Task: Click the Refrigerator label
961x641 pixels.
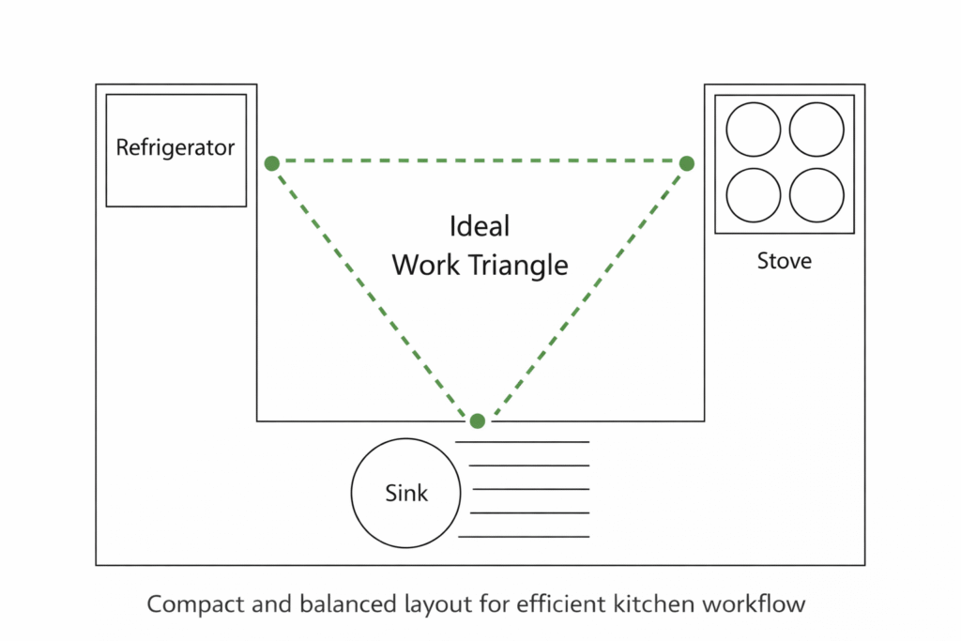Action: tap(175, 148)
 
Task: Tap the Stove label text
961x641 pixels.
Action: tap(785, 261)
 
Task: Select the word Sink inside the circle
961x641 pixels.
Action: tap(406, 493)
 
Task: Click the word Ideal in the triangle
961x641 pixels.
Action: tap(480, 226)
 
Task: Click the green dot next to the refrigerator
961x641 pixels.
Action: tap(272, 163)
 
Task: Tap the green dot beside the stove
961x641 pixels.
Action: tap(687, 163)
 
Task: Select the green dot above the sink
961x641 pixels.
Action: tap(478, 420)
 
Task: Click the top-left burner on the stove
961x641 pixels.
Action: tap(753, 130)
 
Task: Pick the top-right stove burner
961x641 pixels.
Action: tap(816, 130)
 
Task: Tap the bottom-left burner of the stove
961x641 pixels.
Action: tap(753, 195)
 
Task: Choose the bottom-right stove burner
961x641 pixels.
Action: tap(816, 195)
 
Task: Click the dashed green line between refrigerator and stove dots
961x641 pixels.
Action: tap(479, 161)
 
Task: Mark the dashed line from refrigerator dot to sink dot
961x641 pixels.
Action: tap(374, 292)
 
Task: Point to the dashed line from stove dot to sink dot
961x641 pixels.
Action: tap(583, 292)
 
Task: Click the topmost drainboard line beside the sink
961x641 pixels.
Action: tap(522, 441)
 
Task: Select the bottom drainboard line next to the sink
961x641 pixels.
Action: tap(524, 537)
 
